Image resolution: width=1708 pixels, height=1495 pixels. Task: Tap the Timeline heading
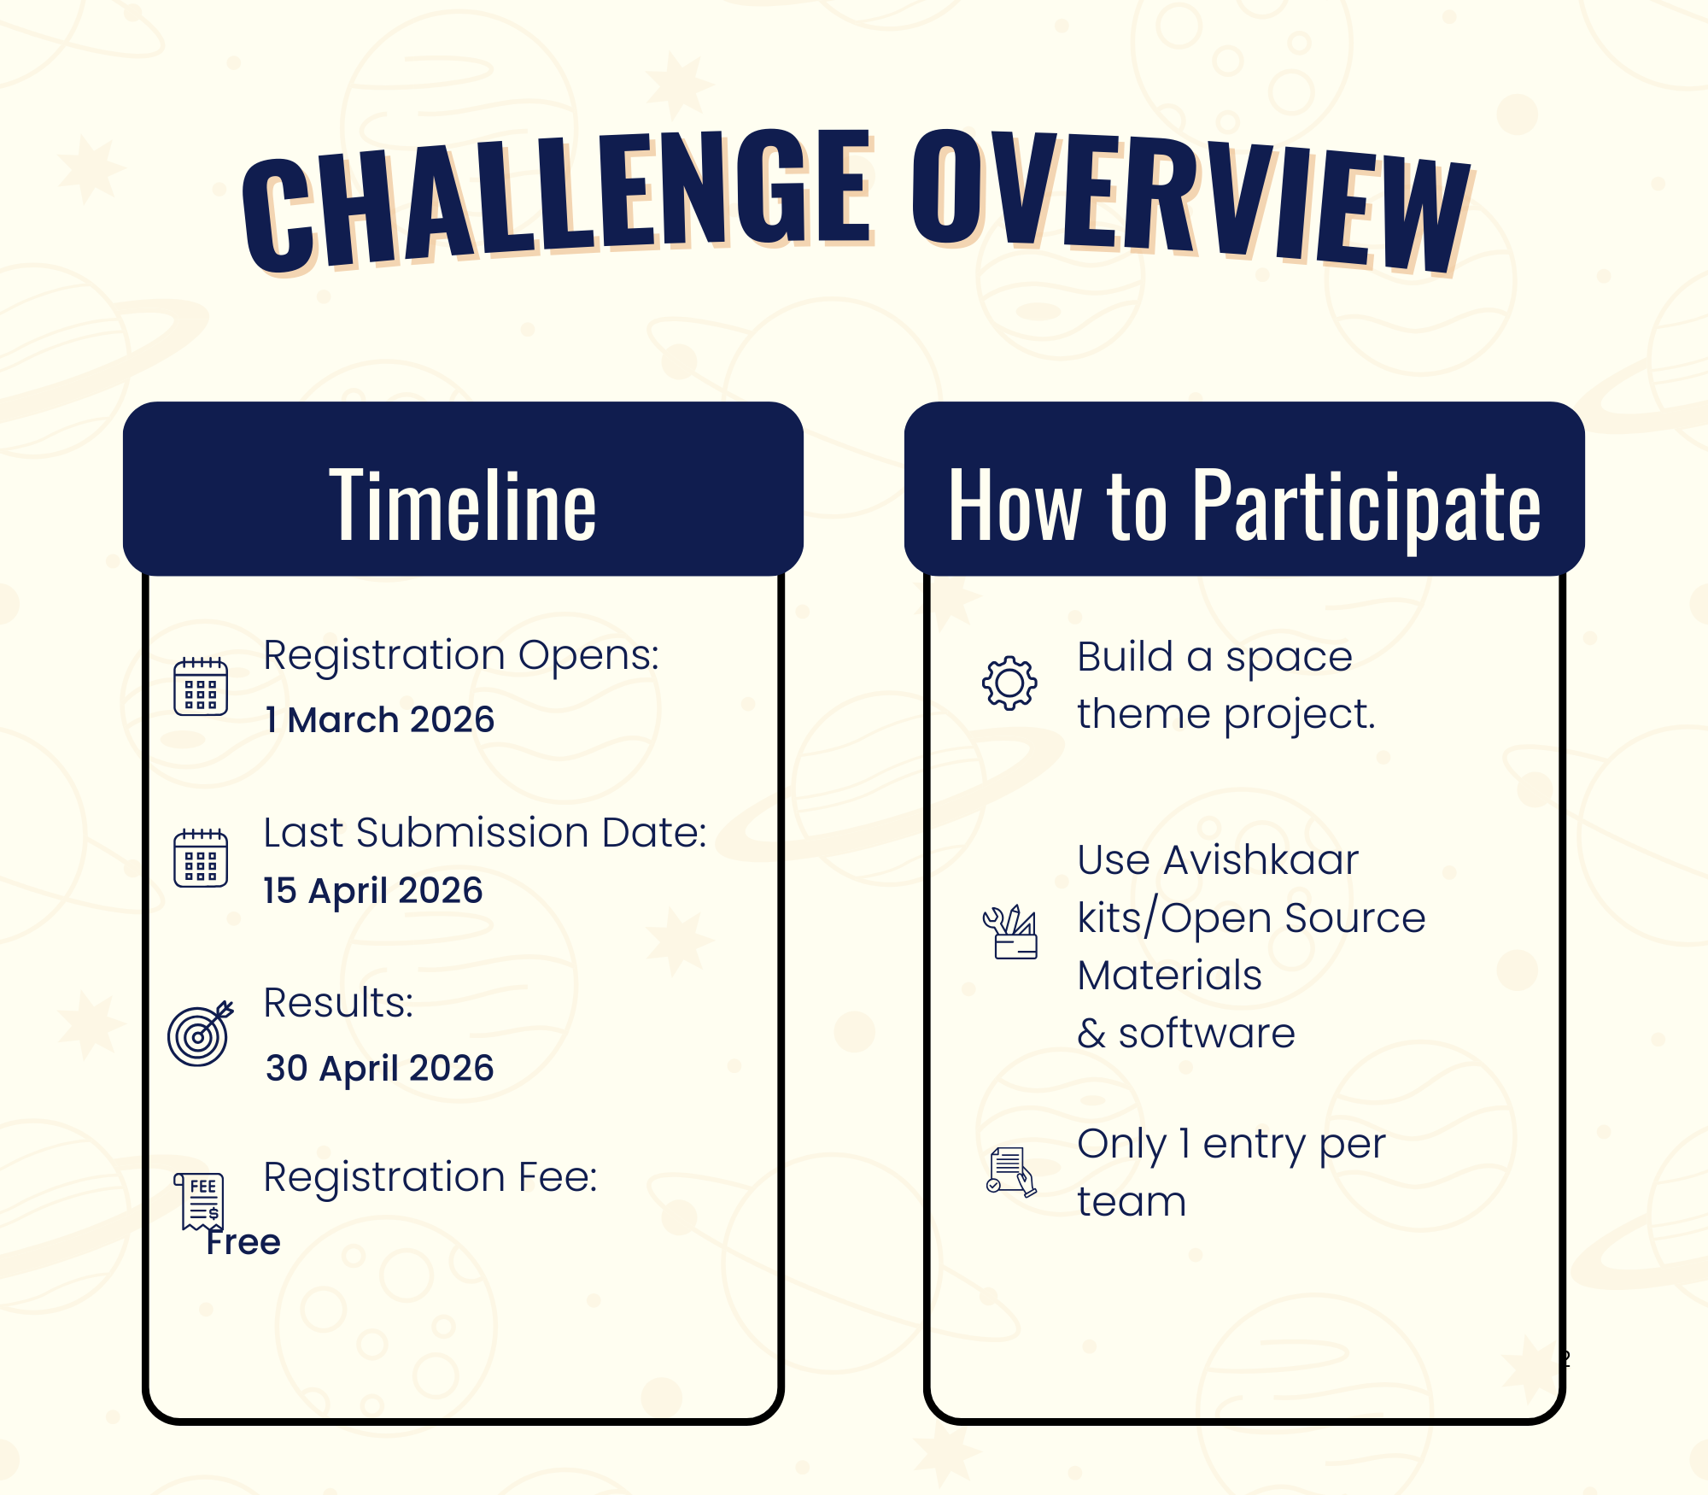click(463, 506)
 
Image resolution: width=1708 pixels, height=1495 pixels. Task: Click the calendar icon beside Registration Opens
click(201, 686)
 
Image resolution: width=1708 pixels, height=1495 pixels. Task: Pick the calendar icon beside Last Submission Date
click(201, 858)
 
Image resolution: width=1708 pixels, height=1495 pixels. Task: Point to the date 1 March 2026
click(379, 719)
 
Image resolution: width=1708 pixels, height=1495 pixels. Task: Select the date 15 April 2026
click(373, 891)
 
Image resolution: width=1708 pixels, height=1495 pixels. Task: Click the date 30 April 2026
click(379, 1068)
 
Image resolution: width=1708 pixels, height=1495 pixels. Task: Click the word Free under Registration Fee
click(243, 1242)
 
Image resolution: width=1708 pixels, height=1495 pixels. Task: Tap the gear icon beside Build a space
click(1009, 683)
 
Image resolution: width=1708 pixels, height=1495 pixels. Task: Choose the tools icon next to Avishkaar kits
click(1010, 932)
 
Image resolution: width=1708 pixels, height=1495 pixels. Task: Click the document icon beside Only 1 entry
click(1011, 1171)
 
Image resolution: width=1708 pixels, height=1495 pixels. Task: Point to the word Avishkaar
click(1261, 859)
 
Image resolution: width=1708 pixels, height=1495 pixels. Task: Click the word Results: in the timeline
click(338, 1002)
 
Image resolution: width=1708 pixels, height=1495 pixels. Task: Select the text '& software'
click(1186, 1033)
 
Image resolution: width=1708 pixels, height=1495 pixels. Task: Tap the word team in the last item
click(1132, 1202)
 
